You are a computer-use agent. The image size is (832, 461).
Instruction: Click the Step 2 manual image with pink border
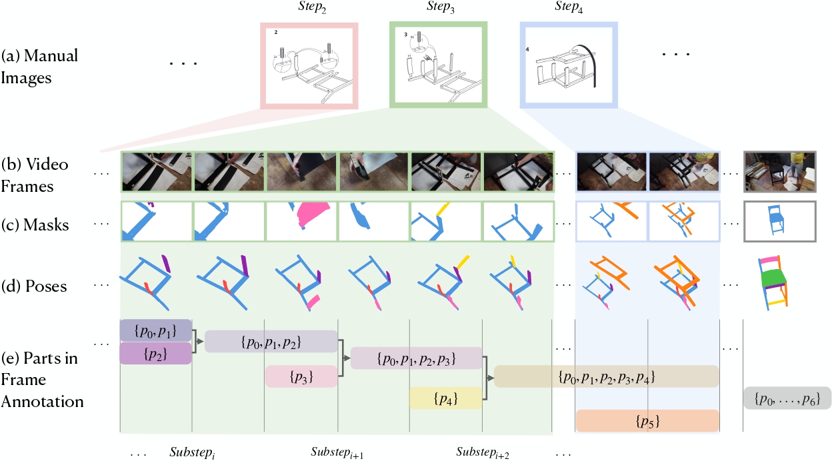point(309,65)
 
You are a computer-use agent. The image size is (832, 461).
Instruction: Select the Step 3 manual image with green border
point(438,65)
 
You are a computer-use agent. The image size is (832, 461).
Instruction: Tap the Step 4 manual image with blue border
point(569,65)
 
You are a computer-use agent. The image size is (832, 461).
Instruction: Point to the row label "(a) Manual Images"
point(40,65)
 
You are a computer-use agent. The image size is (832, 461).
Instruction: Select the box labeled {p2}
point(156,353)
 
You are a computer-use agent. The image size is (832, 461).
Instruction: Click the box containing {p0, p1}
point(156,330)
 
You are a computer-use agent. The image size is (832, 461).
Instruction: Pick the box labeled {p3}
point(301,376)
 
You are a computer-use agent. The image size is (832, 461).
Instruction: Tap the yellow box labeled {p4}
point(445,398)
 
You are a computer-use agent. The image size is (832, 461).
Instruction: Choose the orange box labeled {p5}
point(647,421)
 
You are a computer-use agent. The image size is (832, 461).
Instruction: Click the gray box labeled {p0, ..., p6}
point(787,398)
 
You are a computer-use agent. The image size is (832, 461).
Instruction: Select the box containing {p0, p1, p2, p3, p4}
point(606,376)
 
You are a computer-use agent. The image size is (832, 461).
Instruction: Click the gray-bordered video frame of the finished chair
point(779,171)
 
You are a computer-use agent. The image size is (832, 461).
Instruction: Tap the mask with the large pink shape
point(302,221)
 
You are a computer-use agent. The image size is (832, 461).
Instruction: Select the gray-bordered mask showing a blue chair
point(779,221)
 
